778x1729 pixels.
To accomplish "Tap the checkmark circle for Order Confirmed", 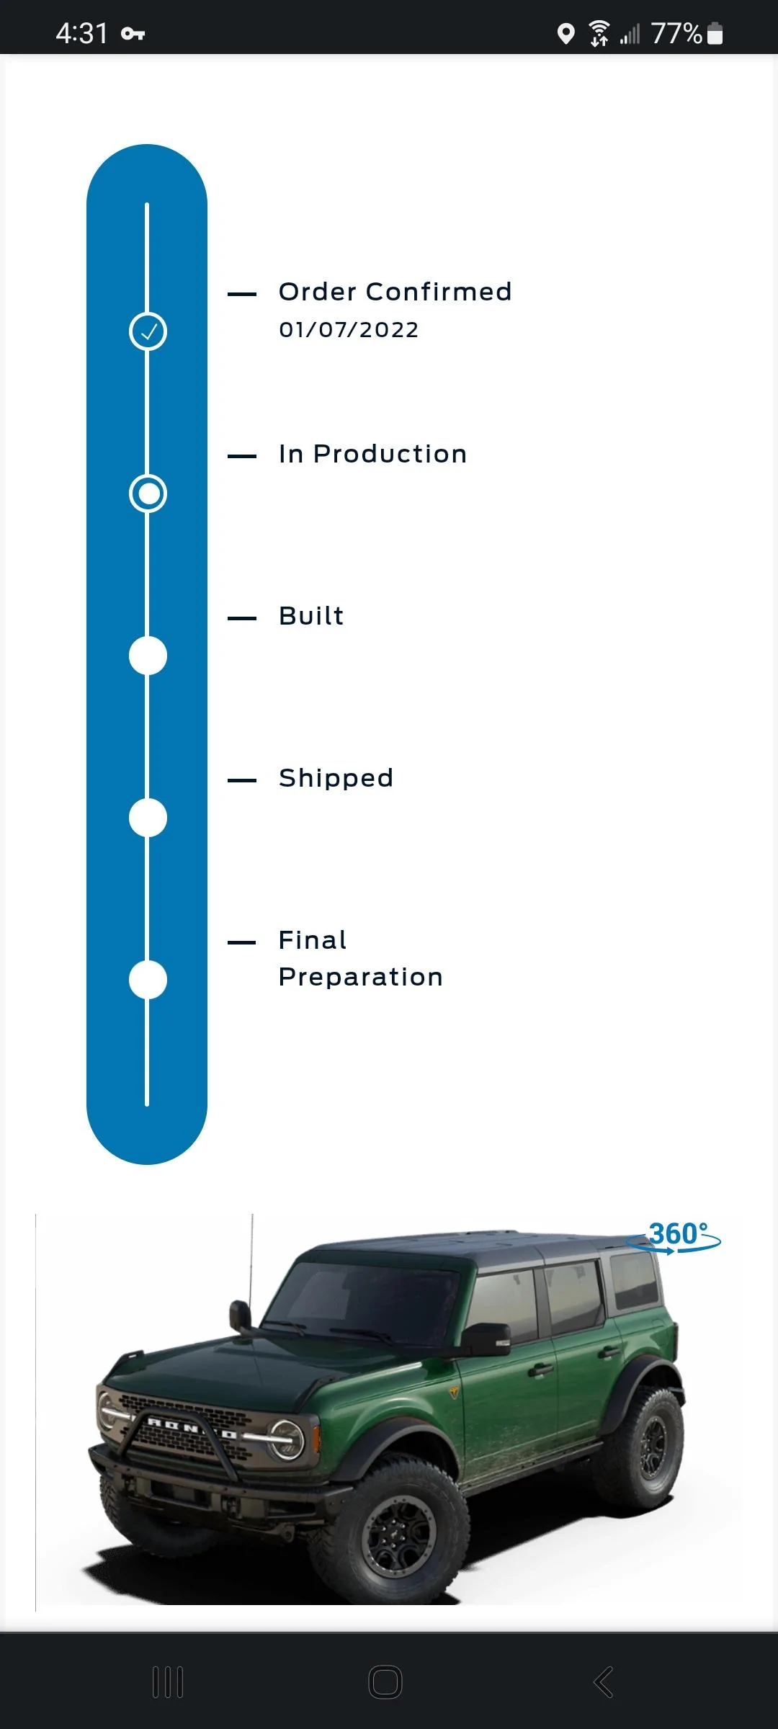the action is point(148,331).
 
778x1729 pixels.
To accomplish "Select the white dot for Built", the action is point(148,656).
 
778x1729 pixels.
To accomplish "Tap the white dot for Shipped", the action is point(148,818).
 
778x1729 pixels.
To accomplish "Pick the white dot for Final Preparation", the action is point(148,980).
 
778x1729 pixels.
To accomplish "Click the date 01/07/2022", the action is point(349,330).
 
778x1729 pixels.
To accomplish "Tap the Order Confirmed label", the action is point(395,292).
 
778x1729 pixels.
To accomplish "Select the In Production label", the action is point(373,454).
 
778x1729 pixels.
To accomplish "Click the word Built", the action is point(311,616).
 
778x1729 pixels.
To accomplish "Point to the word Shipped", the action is point(336,779).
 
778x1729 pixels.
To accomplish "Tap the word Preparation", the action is point(361,978).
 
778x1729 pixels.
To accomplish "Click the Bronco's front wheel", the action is point(400,1531).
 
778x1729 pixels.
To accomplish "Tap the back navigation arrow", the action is point(603,1683).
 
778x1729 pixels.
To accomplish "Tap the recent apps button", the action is point(168,1683).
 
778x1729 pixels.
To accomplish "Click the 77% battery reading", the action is point(676,33).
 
